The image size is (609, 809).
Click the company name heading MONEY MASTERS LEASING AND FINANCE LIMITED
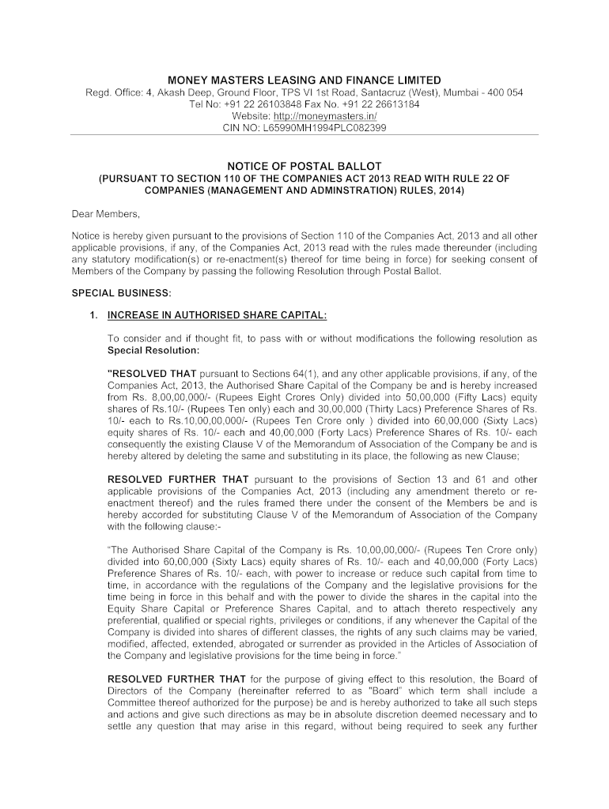click(304, 81)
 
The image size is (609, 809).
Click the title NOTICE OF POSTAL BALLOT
click(304, 167)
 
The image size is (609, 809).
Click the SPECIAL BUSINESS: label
click(110, 292)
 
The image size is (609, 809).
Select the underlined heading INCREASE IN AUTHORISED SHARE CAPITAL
click(217, 315)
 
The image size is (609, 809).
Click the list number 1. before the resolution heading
click(93, 315)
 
